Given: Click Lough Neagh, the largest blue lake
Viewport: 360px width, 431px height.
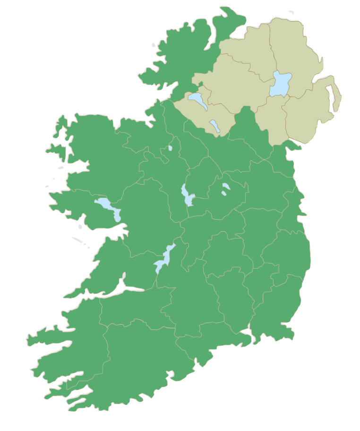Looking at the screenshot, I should point(280,84).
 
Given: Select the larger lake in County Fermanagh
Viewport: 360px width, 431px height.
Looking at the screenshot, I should point(197,100).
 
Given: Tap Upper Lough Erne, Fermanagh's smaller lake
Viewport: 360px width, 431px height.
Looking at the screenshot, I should point(215,126).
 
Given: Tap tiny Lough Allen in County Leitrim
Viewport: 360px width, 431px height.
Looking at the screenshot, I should point(170,148).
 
